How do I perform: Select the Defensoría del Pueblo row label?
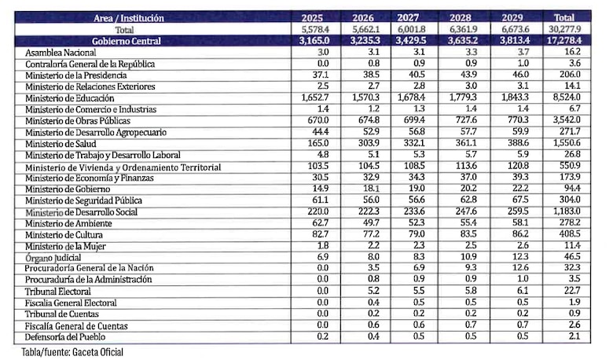[65, 337]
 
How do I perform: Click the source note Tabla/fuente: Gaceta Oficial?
[72, 352]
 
